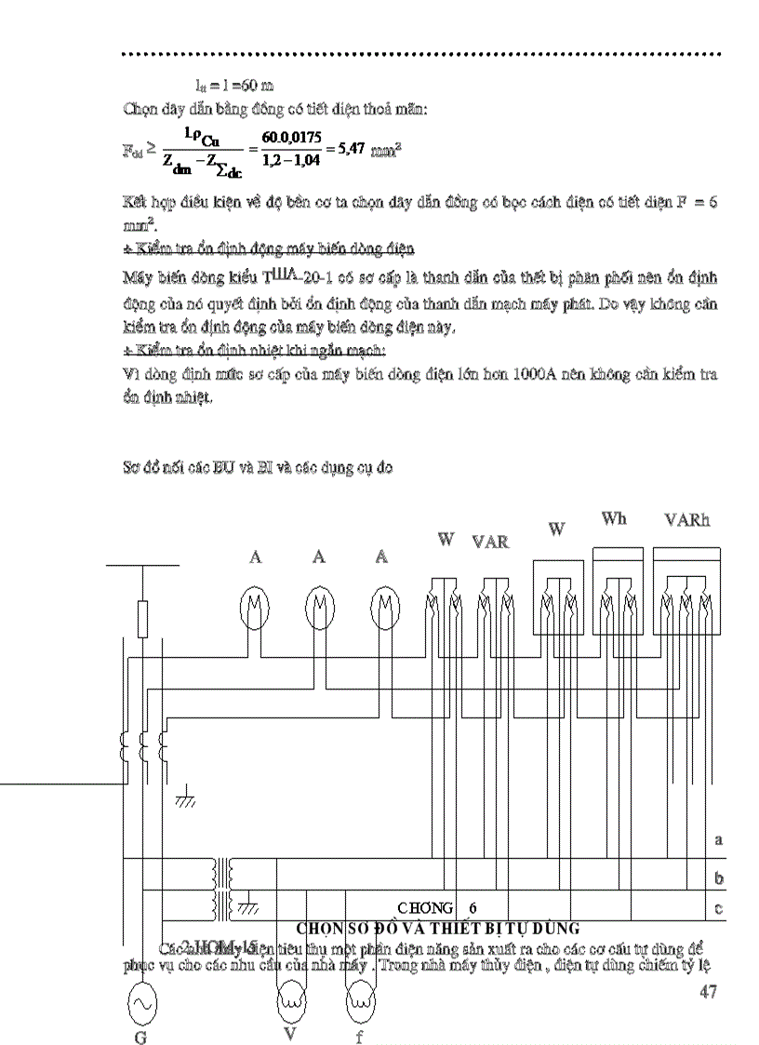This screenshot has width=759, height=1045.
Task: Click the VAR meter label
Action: [490, 542]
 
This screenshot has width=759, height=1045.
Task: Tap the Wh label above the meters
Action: [614, 518]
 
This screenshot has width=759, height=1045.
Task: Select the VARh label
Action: [686, 520]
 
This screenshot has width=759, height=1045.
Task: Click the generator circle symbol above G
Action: [140, 1003]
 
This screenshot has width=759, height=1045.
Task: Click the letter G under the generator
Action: [140, 1038]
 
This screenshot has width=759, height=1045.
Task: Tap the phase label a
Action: [718, 839]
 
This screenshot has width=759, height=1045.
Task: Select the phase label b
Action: [718, 878]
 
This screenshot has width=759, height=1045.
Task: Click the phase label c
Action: [718, 908]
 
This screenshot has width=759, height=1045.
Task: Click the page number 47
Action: [708, 992]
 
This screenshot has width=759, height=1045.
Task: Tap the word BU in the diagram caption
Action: [223, 469]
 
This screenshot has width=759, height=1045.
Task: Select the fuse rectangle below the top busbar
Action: [142, 619]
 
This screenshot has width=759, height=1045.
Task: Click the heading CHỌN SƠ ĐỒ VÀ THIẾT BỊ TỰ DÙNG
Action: [437, 928]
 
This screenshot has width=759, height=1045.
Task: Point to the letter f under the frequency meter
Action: [359, 1038]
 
